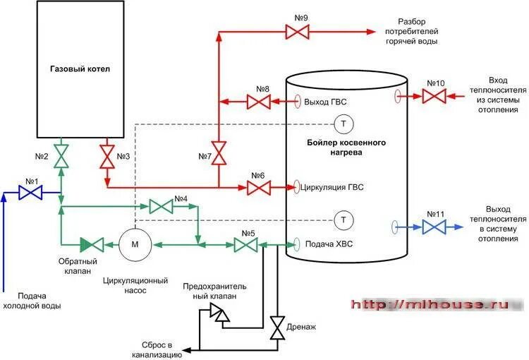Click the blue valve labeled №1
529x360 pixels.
(30, 192)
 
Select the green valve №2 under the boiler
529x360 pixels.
(62, 156)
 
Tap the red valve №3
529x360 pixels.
(107, 156)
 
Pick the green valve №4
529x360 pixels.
(161, 206)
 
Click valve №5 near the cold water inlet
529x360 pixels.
(247, 245)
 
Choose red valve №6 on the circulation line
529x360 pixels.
(258, 187)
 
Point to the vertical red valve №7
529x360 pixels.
(219, 152)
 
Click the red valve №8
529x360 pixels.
(258, 102)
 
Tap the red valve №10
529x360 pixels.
(434, 95)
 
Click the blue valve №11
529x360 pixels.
(434, 227)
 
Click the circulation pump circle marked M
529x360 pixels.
(131, 245)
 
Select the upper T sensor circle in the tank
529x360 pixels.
(343, 124)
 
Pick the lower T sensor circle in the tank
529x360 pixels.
(343, 220)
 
